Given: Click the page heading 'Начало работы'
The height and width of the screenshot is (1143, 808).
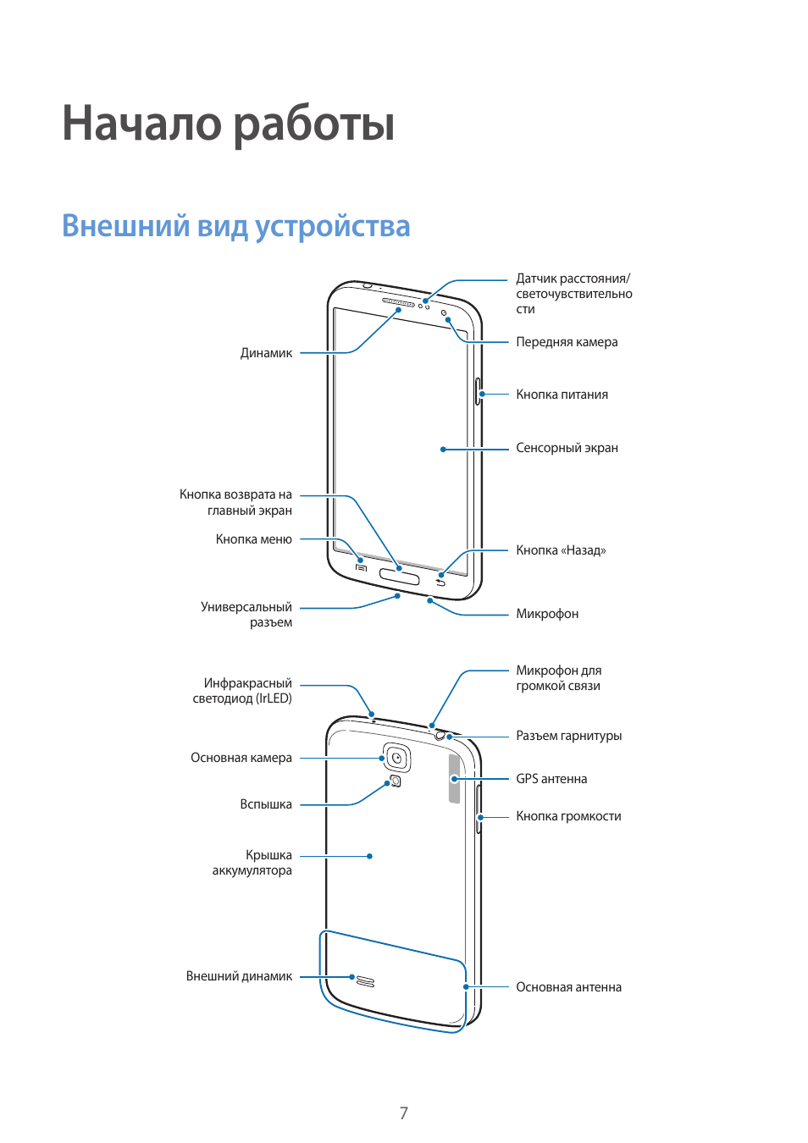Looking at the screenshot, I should (x=229, y=124).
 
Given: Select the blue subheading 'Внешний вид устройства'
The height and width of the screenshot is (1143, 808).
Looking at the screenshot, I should (x=235, y=226).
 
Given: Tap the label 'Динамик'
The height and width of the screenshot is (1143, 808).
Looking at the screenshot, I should (x=266, y=353).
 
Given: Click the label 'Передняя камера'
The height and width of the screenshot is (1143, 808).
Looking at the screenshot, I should (x=567, y=342).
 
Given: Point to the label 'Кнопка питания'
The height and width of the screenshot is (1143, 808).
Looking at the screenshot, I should (x=562, y=395).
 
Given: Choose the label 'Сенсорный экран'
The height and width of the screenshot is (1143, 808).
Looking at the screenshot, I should (x=567, y=448).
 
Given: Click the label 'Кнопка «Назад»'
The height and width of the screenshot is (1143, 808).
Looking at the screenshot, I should (x=561, y=550).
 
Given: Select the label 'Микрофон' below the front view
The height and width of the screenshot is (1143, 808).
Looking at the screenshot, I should (x=547, y=614).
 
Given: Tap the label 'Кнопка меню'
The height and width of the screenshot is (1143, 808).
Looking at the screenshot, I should (x=253, y=539).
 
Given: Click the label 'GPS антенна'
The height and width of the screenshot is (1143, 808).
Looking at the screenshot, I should (x=551, y=779).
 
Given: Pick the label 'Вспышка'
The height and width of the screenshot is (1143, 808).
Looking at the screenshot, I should (x=265, y=804).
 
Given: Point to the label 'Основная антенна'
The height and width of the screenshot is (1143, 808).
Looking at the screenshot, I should (x=568, y=987).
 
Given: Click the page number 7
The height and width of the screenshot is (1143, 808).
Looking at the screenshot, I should (x=404, y=1113).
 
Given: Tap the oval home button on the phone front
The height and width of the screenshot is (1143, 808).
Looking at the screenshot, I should (x=399, y=577).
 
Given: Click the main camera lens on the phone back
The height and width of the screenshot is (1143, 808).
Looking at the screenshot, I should (x=396, y=758).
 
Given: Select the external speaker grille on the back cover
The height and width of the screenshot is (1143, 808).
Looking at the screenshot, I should (x=365, y=981).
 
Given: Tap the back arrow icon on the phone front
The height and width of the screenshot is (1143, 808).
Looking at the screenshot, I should (x=440, y=583).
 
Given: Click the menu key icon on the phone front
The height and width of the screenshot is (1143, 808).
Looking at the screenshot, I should (x=362, y=567).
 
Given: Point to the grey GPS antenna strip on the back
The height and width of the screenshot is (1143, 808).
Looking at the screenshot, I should (x=455, y=779).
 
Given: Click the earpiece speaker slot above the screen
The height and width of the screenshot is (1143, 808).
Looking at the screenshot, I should (x=398, y=301).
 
